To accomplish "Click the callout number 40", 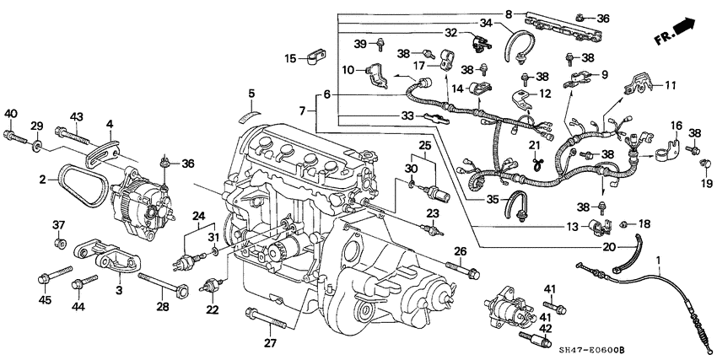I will click(10, 114).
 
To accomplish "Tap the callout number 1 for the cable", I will click(659, 244).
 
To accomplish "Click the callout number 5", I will click(251, 93).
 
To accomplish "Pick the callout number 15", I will click(290, 59).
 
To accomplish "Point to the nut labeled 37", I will click(59, 244).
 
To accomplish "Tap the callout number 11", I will click(671, 85).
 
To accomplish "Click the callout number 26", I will click(460, 251).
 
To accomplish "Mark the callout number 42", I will click(546, 330).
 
